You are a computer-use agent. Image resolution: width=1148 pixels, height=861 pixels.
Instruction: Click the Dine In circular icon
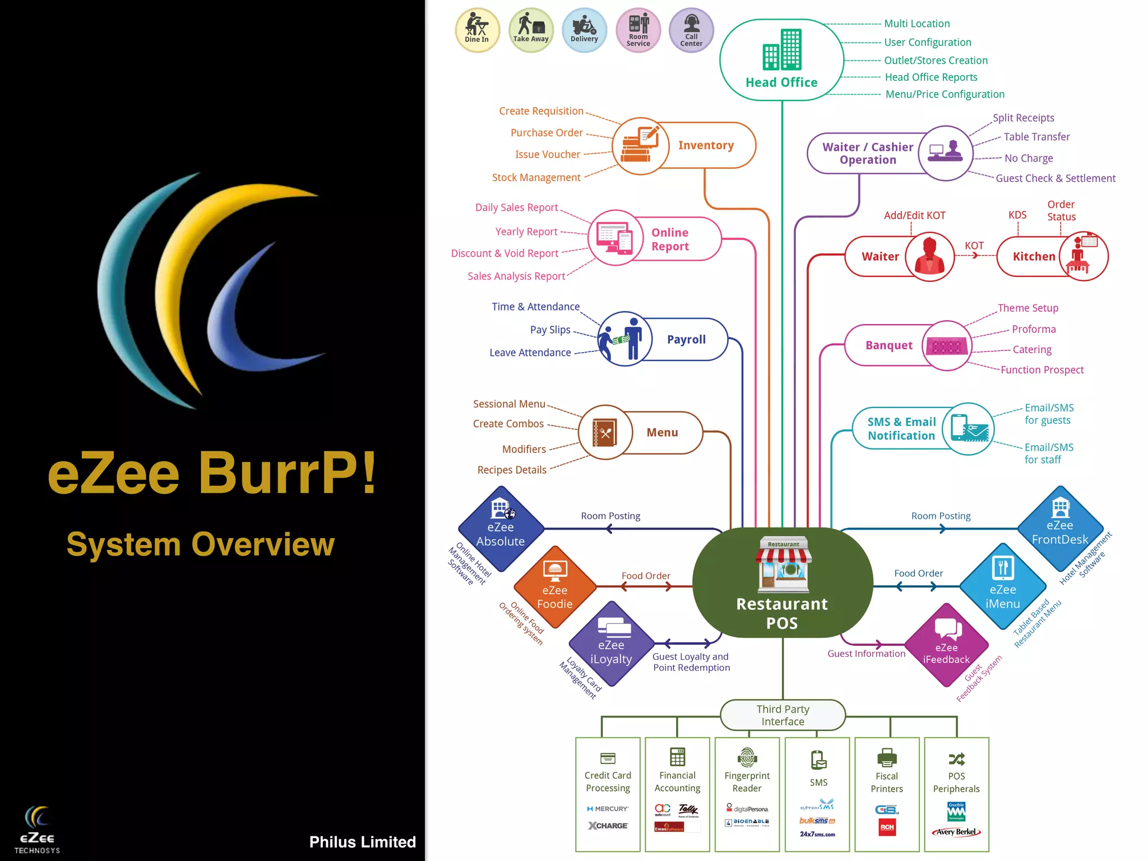coord(477,30)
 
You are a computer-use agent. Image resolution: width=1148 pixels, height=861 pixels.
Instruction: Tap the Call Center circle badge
coord(691,30)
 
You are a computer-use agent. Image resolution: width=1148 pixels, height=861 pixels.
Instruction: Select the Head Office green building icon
coord(782,50)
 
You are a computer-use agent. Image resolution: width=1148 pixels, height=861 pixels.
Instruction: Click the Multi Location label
coord(916,24)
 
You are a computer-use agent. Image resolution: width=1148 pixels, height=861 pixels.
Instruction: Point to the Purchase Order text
coord(547,133)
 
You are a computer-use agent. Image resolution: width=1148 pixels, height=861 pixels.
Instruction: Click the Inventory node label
coord(706,145)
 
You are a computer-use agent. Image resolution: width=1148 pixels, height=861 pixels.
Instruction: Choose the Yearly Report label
coord(526,232)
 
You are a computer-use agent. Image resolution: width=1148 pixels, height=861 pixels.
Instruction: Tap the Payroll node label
coord(686,340)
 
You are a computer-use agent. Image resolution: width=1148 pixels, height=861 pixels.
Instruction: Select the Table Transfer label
coord(1036,137)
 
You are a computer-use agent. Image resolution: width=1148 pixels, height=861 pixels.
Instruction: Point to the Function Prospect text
coord(1041,370)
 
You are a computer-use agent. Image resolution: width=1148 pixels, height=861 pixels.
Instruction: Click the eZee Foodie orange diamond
coord(555,587)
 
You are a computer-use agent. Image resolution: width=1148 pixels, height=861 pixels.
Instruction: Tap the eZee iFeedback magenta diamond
coord(946,645)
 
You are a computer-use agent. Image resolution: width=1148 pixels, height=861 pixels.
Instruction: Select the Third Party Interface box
coord(783,715)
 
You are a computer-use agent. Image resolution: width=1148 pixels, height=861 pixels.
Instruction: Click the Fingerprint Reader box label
coord(747,782)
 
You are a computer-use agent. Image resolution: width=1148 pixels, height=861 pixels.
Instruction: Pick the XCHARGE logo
coord(608,826)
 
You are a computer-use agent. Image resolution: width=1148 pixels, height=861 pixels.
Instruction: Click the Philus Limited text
coord(362,842)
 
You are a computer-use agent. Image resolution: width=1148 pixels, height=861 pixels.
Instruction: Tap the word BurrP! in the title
coord(288,474)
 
